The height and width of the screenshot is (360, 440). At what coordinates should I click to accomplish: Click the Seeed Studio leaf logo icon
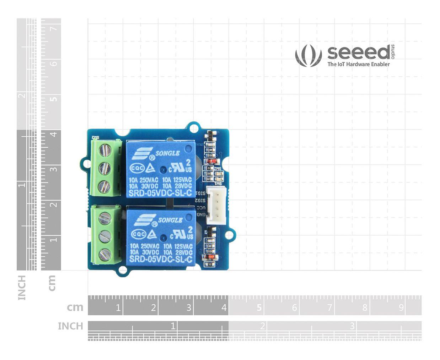308,56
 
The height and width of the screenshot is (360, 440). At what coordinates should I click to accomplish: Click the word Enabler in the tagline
380,64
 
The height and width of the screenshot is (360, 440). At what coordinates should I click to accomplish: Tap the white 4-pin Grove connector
215,204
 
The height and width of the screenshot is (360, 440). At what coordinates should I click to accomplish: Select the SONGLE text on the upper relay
167,153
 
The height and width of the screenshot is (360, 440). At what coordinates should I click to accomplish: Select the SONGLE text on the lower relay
170,220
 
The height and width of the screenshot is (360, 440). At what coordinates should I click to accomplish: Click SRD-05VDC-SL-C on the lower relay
160,260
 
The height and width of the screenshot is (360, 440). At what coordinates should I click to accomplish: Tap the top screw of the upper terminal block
104,150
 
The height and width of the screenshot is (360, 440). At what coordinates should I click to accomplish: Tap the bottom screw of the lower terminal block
105,254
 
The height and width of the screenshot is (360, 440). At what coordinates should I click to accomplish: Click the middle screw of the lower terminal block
105,236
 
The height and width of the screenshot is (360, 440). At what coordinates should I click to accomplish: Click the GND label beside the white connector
201,214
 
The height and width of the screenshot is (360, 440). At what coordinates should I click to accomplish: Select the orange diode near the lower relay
210,257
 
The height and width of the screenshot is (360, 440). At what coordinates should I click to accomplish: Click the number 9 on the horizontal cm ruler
401,307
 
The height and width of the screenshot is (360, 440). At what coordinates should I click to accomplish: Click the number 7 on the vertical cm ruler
53,28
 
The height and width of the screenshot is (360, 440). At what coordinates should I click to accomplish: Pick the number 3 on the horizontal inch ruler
352,326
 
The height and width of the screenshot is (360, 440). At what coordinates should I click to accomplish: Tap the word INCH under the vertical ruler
22,287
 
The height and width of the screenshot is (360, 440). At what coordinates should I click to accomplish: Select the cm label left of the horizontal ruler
75,307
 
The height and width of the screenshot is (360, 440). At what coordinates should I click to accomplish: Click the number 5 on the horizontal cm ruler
259,307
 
